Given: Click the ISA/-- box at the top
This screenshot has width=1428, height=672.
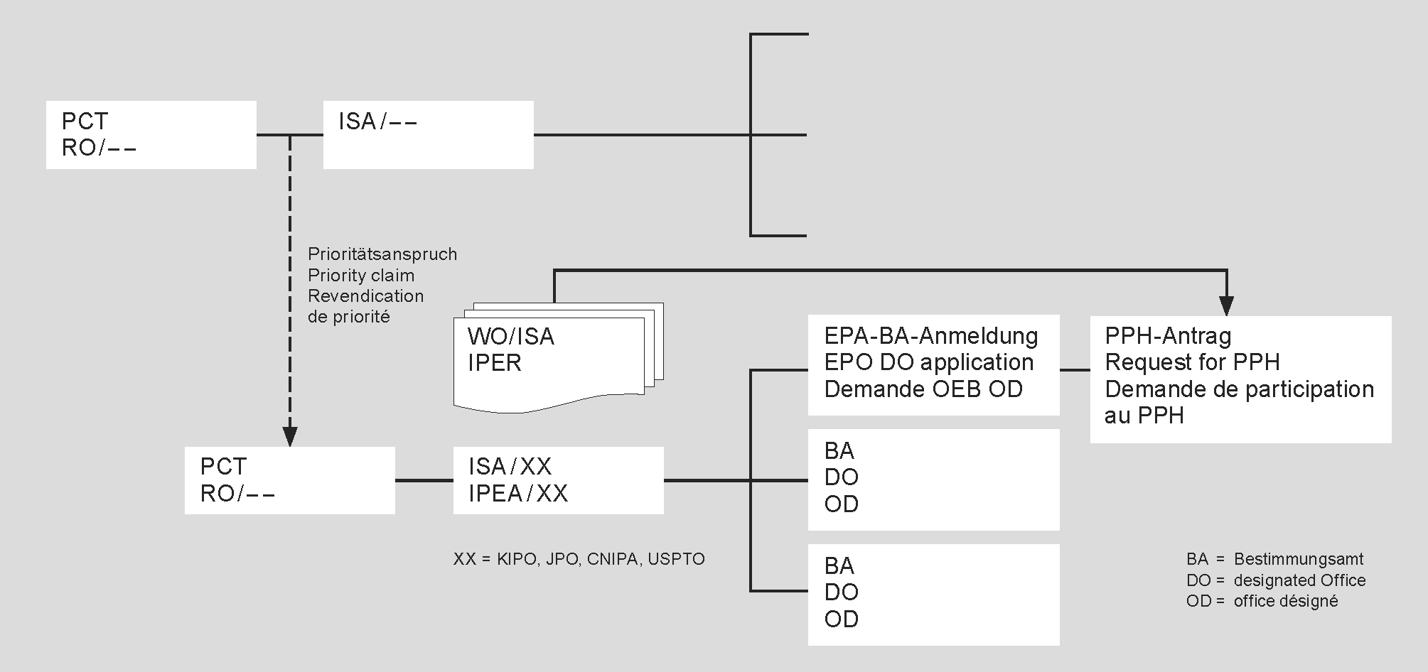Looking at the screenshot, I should point(428,134).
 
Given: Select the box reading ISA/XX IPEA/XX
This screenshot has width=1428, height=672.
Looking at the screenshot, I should point(558,480).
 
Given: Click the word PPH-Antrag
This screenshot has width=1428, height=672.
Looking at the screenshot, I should point(1168,335).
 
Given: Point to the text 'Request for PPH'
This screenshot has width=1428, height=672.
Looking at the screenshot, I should point(1192,362).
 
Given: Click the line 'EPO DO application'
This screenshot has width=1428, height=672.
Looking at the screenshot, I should point(928,362).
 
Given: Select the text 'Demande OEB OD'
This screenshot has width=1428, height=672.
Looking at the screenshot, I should point(923,389).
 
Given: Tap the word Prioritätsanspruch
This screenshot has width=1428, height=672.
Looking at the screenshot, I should point(382,254).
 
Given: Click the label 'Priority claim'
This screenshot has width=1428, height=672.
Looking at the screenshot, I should point(360,276).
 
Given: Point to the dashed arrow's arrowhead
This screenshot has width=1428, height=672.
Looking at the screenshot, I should point(289,436).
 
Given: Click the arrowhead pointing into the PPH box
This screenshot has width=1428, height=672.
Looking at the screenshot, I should point(1226,306).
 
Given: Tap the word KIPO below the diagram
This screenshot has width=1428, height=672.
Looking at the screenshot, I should point(517,559).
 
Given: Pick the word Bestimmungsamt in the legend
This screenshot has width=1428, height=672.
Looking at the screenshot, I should point(1298,559).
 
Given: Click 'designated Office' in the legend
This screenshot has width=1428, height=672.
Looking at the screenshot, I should point(1299,580).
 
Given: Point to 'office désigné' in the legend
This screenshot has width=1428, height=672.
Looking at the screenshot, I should point(1285,601).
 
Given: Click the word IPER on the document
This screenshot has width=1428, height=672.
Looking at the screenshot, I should point(495,363).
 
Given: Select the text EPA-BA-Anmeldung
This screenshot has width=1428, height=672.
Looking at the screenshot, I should point(930,335).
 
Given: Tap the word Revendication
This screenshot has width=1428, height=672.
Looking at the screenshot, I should point(365,296).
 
